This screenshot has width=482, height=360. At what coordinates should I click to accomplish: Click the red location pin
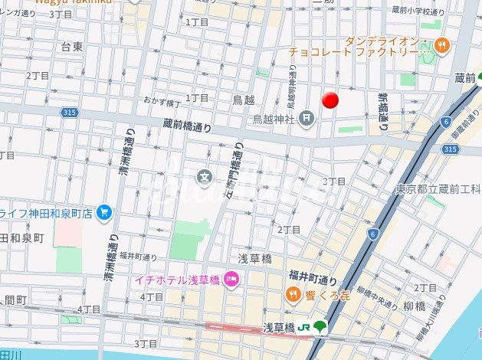point(330,100)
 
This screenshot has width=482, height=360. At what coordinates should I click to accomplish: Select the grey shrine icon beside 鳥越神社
point(307,117)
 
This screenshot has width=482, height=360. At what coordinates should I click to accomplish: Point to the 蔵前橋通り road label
point(187,125)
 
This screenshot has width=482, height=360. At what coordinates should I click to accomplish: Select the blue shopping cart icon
point(105,213)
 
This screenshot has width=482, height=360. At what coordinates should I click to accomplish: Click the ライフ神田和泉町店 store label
point(46,214)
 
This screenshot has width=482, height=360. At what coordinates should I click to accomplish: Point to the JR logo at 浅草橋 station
point(303,327)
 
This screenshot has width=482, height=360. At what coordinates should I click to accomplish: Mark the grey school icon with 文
point(205,178)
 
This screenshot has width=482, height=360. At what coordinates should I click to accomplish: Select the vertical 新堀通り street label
point(382,111)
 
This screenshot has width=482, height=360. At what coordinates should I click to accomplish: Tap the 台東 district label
point(71,47)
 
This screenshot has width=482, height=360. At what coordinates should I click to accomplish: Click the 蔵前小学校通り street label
point(418,12)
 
